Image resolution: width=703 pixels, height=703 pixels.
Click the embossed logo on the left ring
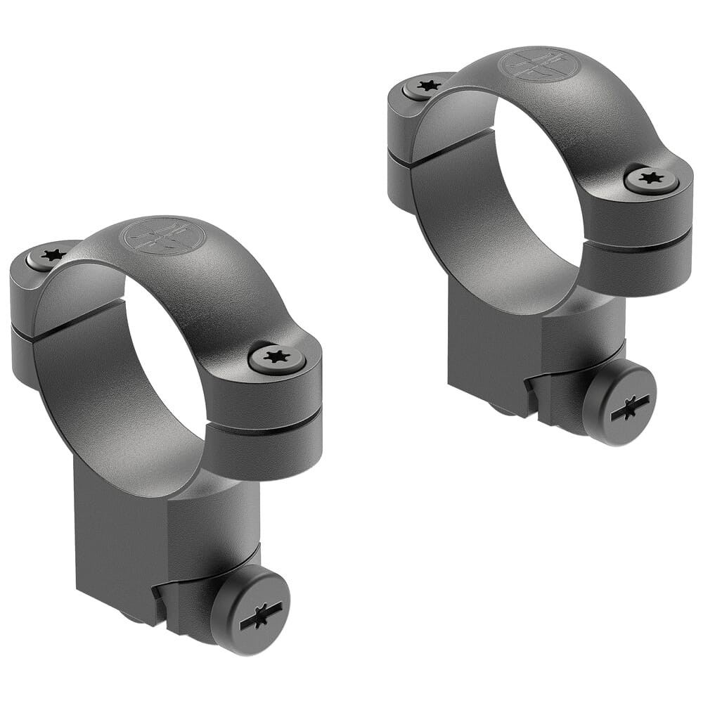pos(164,236)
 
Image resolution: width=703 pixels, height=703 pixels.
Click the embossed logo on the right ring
pos(538,65)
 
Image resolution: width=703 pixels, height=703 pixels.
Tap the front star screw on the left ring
pos(277,358)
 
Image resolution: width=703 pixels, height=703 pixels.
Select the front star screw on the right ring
pos(651,179)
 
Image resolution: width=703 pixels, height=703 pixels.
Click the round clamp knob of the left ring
pos(252,610)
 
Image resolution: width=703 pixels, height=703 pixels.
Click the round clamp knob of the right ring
pos(619,403)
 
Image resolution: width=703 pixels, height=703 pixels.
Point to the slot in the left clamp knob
pos(261,616)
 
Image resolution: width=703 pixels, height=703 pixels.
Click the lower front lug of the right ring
pos(636,271)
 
